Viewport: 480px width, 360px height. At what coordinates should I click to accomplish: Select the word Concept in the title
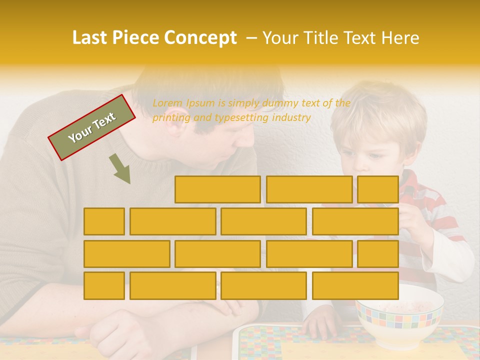(200, 38)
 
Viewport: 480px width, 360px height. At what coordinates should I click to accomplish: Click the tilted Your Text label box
(91, 127)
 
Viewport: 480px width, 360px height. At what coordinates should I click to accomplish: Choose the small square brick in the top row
(377, 189)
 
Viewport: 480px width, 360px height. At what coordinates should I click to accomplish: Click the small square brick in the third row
(377, 253)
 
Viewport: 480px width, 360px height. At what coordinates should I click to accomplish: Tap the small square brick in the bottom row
(104, 285)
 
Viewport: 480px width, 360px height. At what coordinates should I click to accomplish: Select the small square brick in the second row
(104, 221)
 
